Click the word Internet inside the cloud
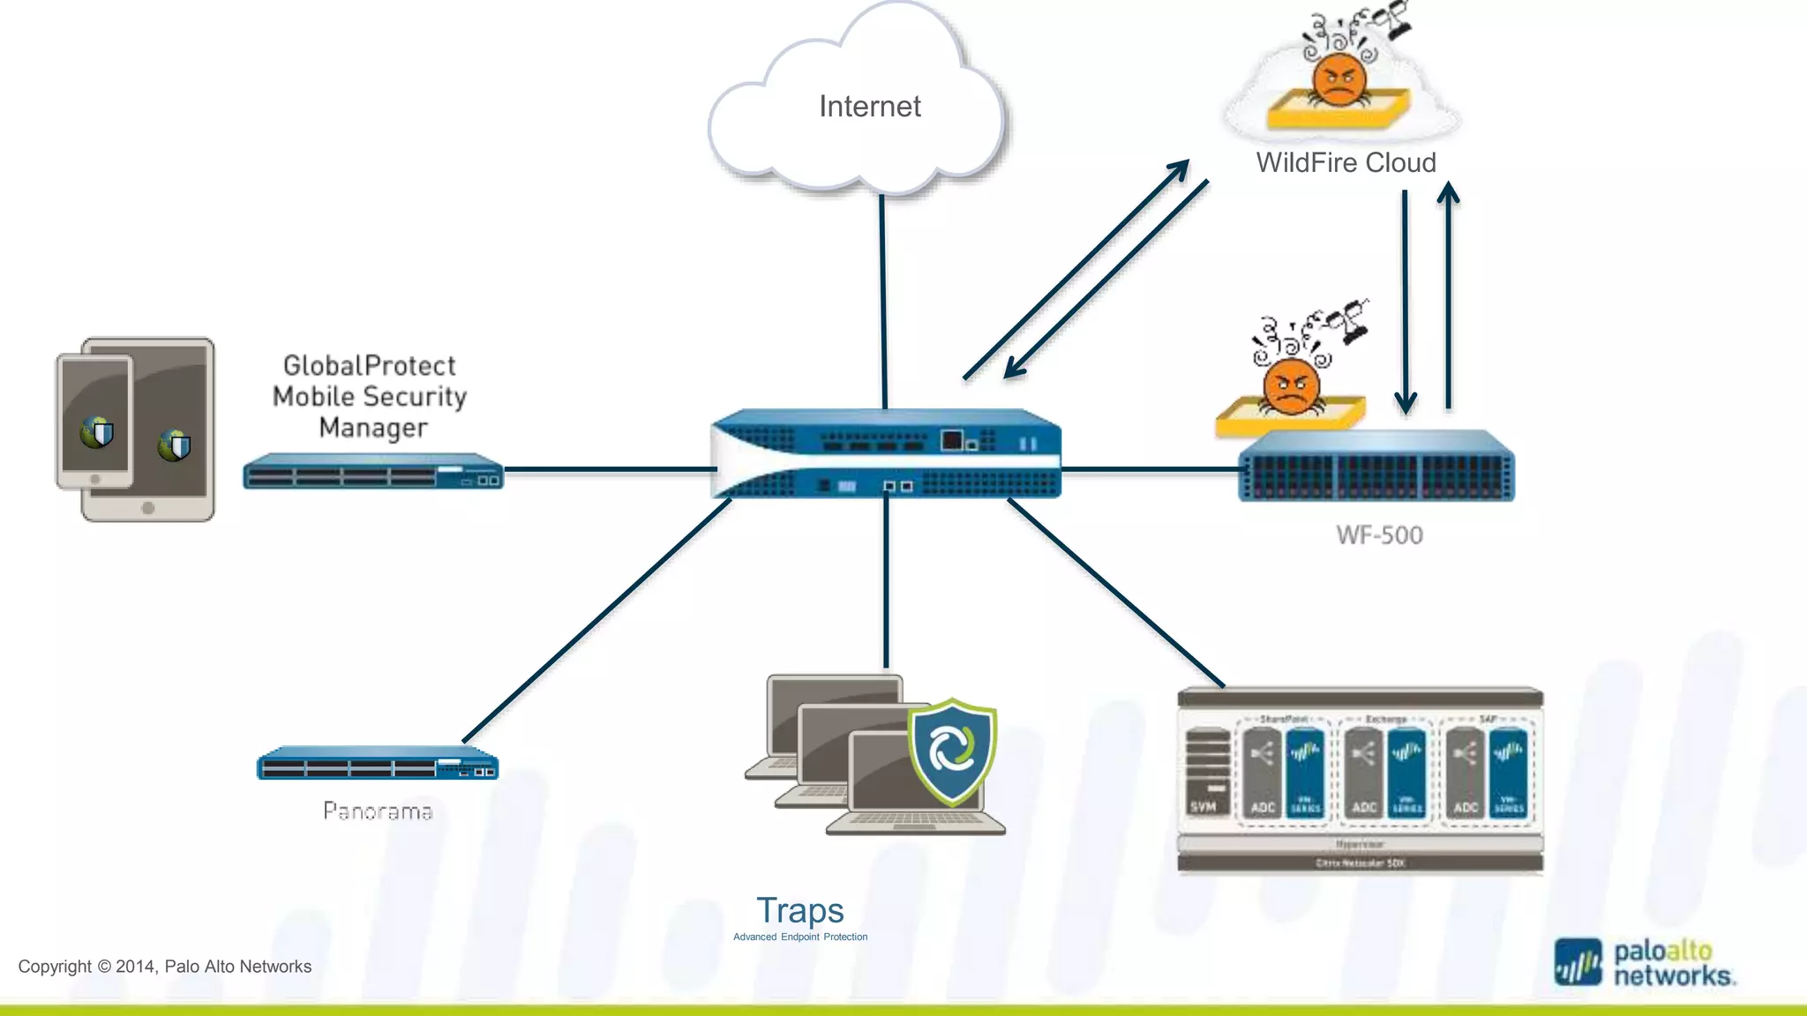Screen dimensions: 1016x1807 tap(869, 107)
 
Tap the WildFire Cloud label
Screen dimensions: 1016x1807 tap(1346, 163)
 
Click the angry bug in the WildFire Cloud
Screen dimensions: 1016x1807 tap(1338, 79)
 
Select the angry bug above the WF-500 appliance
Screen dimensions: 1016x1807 tap(1291, 388)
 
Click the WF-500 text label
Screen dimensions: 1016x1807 tap(1379, 535)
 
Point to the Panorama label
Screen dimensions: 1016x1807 tap(378, 811)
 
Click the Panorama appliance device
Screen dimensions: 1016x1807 tap(378, 764)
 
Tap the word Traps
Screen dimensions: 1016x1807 tap(799, 910)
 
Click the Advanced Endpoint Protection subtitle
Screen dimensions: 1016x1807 tap(799, 937)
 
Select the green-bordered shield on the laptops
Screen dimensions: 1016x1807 tap(952, 750)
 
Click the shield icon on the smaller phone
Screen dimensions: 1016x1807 tap(97, 432)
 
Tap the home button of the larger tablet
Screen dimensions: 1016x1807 tap(148, 508)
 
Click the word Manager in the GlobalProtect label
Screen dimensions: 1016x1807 tap(372, 428)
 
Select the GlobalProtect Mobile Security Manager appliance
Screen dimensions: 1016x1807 tap(372, 471)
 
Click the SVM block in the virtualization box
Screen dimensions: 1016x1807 tap(1206, 772)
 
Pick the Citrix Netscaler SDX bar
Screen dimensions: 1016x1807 tap(1360, 863)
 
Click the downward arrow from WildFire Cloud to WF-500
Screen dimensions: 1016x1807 tap(1405, 300)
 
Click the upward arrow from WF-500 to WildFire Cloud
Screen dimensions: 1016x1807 tap(1448, 295)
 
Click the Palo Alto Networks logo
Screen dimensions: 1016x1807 tap(1645, 963)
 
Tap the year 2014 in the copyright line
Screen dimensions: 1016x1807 tap(136, 967)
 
